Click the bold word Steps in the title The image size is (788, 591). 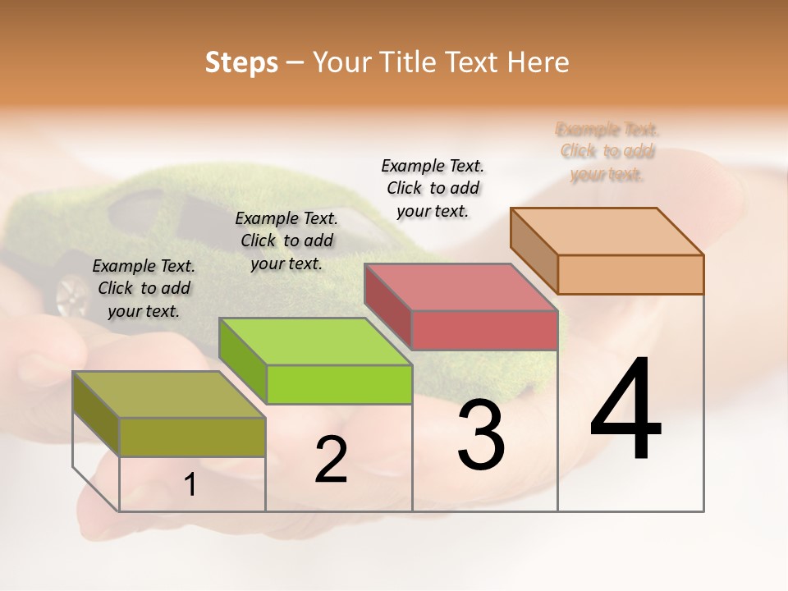coord(241,62)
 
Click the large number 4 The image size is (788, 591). coord(626,410)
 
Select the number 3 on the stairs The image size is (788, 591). coord(481,436)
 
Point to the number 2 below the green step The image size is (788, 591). coord(331,460)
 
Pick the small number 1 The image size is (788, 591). coord(190,485)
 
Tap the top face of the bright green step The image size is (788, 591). coord(314,341)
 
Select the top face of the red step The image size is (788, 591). coord(460,287)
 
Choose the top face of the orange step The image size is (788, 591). coord(607,231)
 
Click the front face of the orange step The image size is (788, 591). coord(630,274)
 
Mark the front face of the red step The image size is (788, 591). coord(484,330)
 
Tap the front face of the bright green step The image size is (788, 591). coord(339,384)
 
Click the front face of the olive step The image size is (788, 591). coord(192,437)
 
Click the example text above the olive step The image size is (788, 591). coord(144,288)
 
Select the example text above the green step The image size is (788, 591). coord(286,241)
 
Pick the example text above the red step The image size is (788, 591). coord(433,188)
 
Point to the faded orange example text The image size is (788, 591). coord(607,151)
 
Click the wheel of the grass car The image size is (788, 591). coord(71,295)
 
